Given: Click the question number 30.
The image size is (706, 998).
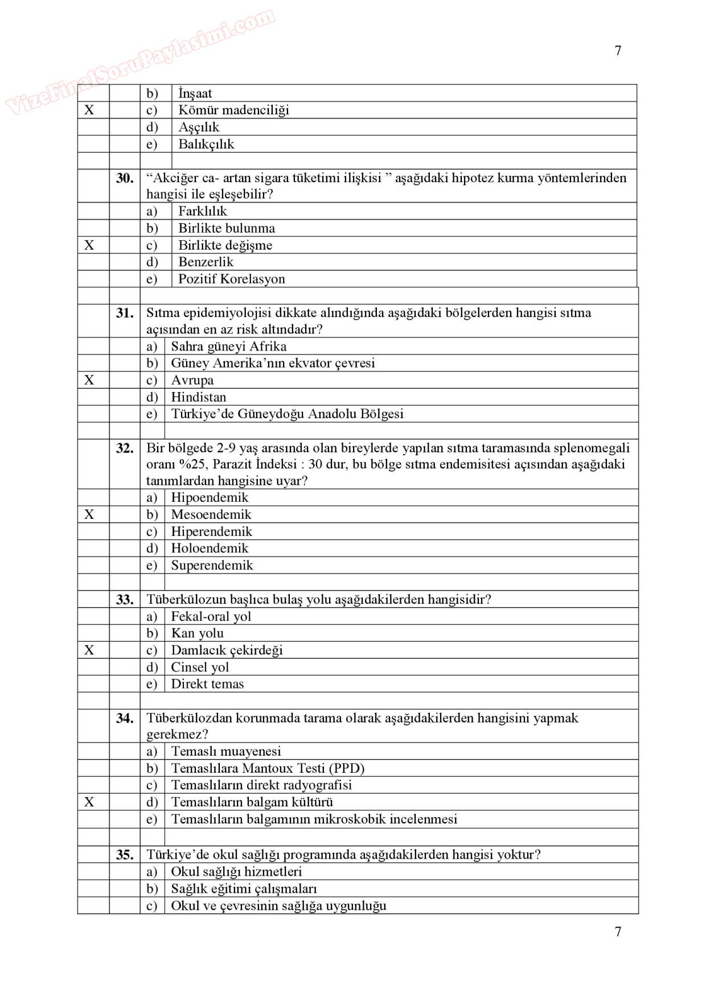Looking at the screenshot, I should tap(125, 178).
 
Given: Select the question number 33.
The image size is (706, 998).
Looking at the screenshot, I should tap(125, 600).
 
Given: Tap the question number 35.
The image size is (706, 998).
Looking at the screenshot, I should tap(125, 855).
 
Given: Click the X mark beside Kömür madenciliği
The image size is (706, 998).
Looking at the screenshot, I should tap(89, 110).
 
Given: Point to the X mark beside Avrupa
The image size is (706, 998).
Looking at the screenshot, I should tap(89, 380).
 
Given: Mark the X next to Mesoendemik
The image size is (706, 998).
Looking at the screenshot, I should tap(89, 514).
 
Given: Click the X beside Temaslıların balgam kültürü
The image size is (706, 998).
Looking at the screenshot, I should tap(89, 802).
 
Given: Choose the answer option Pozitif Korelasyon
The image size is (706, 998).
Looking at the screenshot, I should tap(231, 279).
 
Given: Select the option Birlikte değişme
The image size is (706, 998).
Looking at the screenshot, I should tap(225, 245).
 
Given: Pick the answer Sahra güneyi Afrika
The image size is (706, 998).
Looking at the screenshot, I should tap(228, 347).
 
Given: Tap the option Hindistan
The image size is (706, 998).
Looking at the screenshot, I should tap(198, 397).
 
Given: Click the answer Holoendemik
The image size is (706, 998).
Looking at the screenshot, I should tap(210, 549).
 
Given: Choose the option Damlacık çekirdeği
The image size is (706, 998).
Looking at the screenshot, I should tap(227, 650).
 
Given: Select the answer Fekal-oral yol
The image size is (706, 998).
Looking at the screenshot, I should tap(211, 616).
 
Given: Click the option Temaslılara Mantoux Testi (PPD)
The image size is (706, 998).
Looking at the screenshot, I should tap(268, 768).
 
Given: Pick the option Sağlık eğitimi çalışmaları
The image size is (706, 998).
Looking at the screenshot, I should tap(244, 889).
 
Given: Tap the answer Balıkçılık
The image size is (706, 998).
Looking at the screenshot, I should tap(206, 144).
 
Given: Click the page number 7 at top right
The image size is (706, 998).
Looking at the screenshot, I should tap(618, 51).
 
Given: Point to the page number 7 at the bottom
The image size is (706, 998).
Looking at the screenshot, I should tap(618, 931).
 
